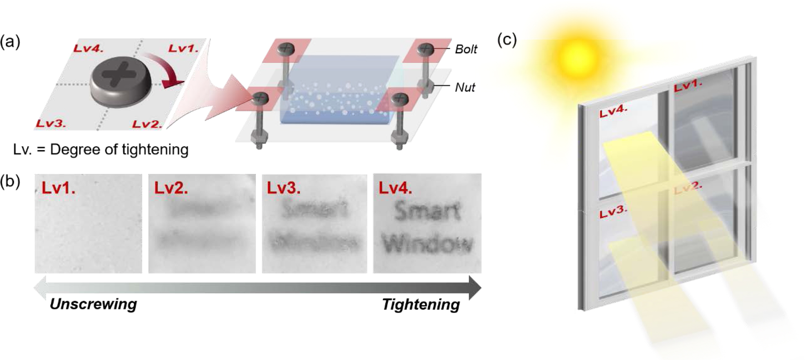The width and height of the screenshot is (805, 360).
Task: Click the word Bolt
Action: coord(466,49)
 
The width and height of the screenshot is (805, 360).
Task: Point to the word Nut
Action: coord(465,87)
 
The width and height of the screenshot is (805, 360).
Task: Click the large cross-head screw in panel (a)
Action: coord(121,81)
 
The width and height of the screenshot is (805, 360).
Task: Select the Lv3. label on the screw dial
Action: coord(51,123)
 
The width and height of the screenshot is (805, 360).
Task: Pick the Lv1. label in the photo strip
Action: coord(58,188)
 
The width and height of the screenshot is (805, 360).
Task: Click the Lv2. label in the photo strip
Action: coord(171,188)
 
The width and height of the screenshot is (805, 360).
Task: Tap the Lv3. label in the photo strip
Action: coord(283,188)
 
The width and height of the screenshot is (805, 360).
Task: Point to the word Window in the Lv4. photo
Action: coord(427,244)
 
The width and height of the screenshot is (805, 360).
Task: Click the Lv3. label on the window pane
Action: coord(613,213)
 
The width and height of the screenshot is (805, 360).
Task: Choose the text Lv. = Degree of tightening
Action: coord(101,150)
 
